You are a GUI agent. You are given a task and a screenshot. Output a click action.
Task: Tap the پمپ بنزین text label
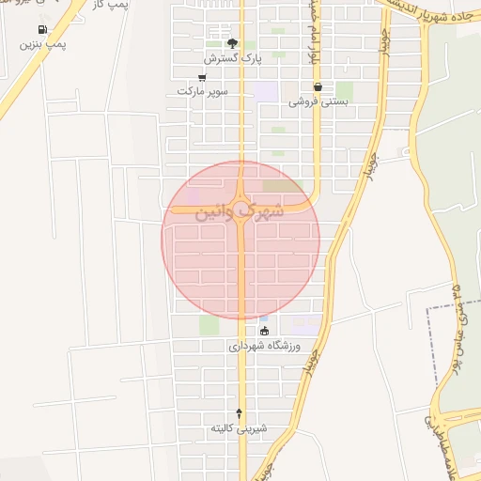tap(43, 44)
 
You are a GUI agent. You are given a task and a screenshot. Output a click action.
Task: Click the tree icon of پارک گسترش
tap(232, 43)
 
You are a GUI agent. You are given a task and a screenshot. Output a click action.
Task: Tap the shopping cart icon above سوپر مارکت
tap(202, 77)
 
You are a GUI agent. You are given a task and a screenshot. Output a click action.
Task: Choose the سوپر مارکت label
tap(201, 91)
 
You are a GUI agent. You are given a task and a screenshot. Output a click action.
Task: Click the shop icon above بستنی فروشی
tap(318, 86)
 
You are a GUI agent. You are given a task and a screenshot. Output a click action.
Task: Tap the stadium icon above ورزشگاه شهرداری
tap(264, 331)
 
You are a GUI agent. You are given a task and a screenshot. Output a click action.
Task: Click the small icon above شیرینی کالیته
tap(239, 413)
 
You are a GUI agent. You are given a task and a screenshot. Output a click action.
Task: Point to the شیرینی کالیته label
tap(239, 428)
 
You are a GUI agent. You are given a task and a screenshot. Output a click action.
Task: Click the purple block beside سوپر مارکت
tap(267, 91)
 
